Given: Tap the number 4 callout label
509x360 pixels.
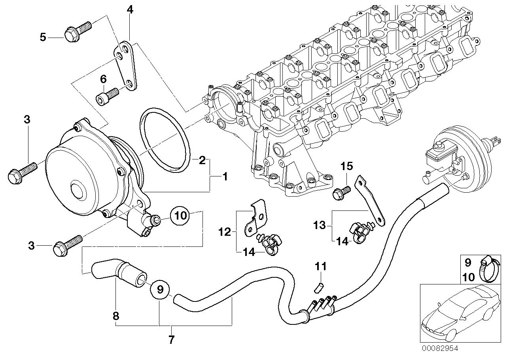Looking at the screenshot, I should coord(130,10).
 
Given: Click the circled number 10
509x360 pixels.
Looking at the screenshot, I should coord(180,215).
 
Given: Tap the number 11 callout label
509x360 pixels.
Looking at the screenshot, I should coord(320,267).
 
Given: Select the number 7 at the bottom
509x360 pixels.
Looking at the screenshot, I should coord(171,339).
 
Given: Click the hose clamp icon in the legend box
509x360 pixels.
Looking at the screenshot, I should coord(488,269).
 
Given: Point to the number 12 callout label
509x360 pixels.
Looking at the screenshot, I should coord(225,232).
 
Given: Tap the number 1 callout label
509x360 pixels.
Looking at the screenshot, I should coord(225,177).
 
